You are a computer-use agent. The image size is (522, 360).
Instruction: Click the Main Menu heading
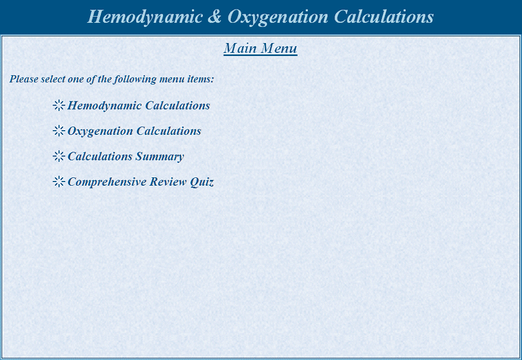point(260,48)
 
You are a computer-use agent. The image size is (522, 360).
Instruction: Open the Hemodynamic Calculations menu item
point(138,106)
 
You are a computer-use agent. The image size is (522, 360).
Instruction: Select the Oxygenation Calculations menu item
point(134,131)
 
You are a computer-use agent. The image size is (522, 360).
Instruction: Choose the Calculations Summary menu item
point(125,156)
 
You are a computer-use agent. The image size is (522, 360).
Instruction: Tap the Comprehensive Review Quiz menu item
point(140,182)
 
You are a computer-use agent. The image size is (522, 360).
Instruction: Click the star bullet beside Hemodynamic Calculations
point(58,106)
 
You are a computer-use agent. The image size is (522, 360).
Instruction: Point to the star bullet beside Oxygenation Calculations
point(58,131)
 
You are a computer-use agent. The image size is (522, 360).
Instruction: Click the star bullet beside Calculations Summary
point(58,156)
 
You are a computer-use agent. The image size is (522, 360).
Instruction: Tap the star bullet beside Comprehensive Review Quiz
point(58,181)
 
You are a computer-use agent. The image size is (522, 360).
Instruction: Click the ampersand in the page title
point(215,17)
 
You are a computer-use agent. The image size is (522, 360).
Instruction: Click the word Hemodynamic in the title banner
point(144,17)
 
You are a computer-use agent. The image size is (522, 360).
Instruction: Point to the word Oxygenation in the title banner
point(277,17)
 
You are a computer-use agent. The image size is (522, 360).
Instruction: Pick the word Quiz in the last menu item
point(202,182)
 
